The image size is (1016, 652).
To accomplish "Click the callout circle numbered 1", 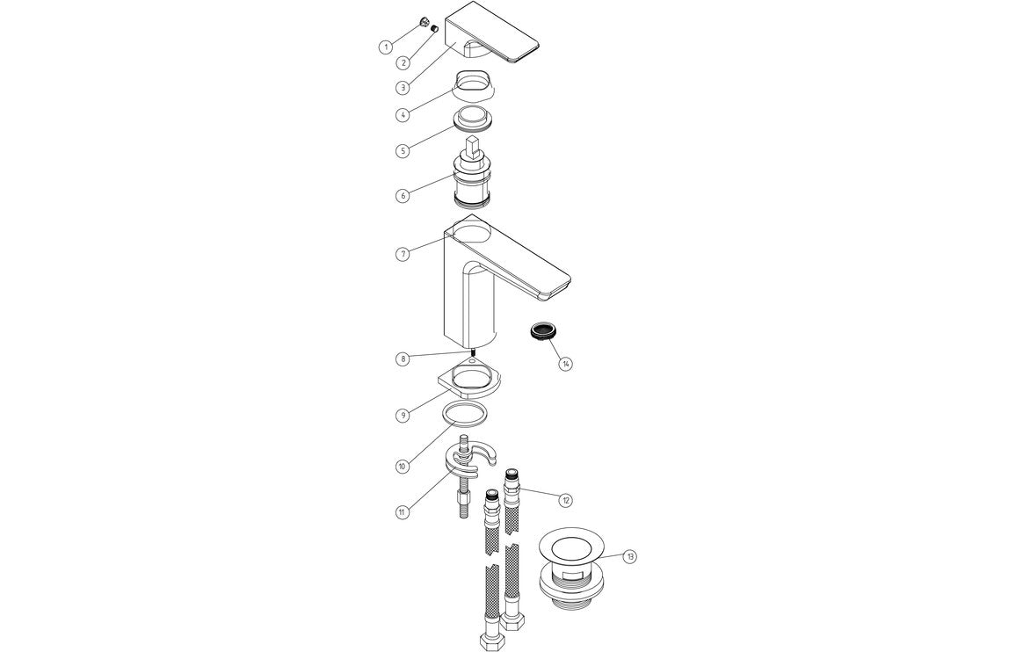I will pyautogui.click(x=385, y=47).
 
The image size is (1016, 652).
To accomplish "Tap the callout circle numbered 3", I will pyautogui.click(x=402, y=87).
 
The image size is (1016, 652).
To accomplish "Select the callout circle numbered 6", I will pyautogui.click(x=402, y=195).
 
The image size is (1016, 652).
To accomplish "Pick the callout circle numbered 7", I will pyautogui.click(x=402, y=254).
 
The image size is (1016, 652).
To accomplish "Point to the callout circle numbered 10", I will pyautogui.click(x=402, y=466).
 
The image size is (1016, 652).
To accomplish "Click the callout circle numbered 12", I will pyautogui.click(x=566, y=499).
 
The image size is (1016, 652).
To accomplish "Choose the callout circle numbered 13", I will pyautogui.click(x=630, y=556).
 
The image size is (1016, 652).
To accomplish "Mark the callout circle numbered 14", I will pyautogui.click(x=566, y=364).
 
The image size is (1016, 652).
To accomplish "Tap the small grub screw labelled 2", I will pyautogui.click(x=433, y=28).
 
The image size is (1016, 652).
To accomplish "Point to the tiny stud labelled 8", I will pyautogui.click(x=473, y=356).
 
